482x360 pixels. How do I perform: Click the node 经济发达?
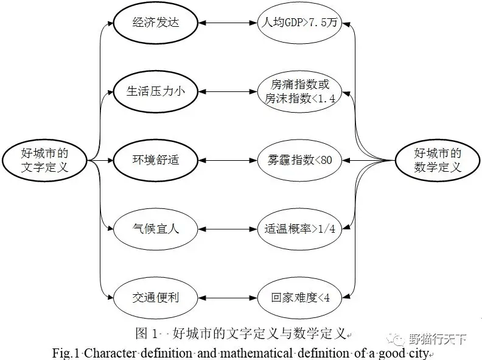point(156,24)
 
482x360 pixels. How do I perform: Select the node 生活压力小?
point(156,92)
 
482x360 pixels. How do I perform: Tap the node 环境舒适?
point(156,160)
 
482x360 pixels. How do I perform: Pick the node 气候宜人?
point(156,229)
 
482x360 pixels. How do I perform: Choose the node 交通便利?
point(156,298)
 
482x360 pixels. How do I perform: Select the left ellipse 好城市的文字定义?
point(44,161)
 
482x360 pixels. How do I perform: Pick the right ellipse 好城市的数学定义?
point(437,161)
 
